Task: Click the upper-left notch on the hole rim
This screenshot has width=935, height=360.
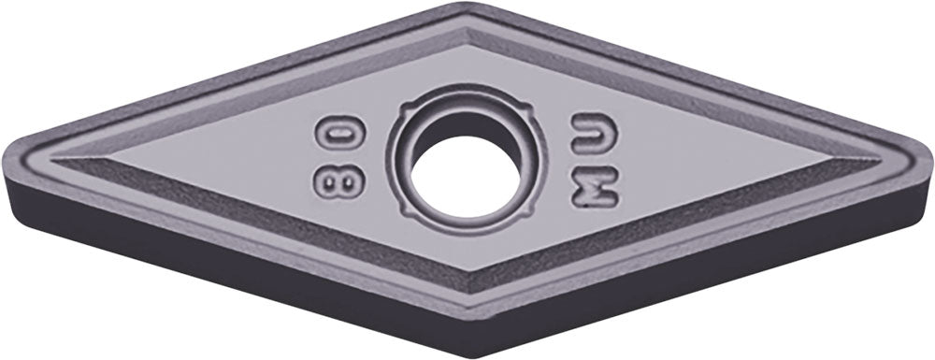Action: tap(406, 110)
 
